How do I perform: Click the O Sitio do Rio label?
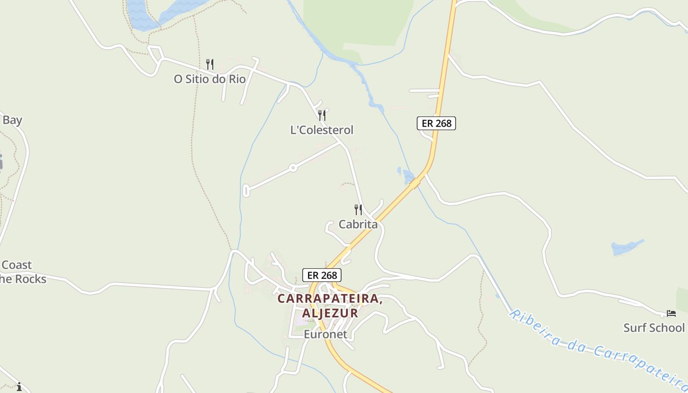(210, 79)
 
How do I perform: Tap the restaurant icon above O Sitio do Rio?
(210, 64)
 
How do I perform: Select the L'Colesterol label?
(322, 130)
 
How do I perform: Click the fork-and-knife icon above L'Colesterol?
(322, 115)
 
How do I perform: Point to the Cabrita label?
(358, 225)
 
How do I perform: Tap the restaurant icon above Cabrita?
(358, 210)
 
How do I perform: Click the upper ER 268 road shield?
(436, 123)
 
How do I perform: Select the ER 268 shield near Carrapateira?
(321, 275)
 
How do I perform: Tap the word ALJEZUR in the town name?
(330, 313)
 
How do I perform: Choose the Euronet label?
(325, 335)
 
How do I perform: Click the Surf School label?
(654, 328)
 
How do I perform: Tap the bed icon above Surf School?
(671, 313)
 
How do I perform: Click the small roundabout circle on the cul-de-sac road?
(293, 168)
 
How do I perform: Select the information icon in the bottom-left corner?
(19, 387)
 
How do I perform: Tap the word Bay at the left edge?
(12, 120)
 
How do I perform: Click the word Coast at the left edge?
(17, 265)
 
